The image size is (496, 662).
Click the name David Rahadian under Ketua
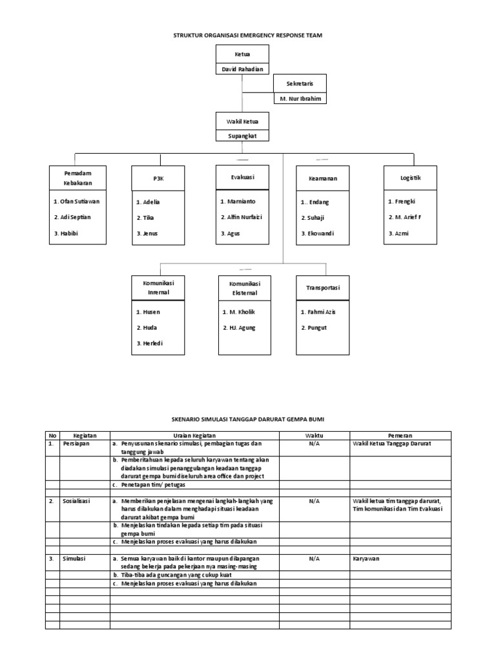(x=240, y=69)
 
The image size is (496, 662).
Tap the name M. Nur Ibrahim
(x=299, y=98)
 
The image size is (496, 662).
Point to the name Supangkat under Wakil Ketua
(x=242, y=136)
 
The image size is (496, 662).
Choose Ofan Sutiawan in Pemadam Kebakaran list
(x=77, y=201)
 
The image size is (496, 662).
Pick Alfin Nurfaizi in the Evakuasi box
(x=241, y=217)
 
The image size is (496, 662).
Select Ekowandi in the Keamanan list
(x=317, y=233)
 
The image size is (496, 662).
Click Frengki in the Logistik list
(x=402, y=201)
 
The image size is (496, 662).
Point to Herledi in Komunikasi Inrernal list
(x=149, y=343)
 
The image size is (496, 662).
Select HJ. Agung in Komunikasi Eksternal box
(x=238, y=328)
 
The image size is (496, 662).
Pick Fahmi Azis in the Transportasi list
(x=318, y=312)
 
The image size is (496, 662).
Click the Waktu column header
(x=315, y=436)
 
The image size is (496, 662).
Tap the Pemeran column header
(x=400, y=436)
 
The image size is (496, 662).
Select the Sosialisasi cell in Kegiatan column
(x=77, y=501)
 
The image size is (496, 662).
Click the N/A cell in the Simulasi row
(x=315, y=557)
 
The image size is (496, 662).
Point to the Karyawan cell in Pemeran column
(x=366, y=557)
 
